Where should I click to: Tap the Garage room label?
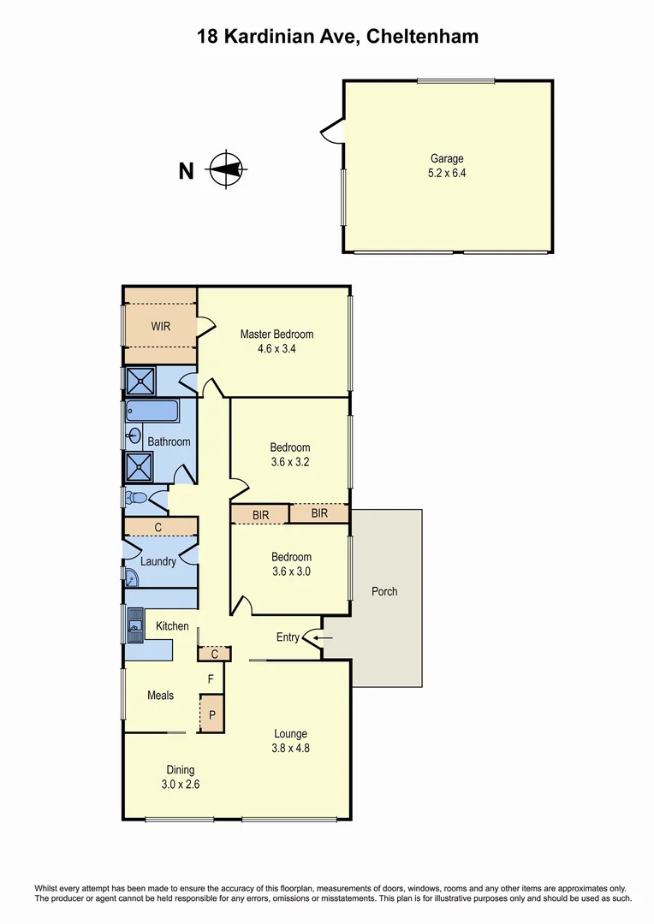(x=446, y=158)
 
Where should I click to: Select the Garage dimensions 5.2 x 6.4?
(x=446, y=172)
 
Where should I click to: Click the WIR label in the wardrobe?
(x=161, y=326)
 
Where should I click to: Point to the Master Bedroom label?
(x=276, y=335)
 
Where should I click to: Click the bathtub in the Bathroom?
(x=152, y=412)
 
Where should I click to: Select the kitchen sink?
(x=134, y=624)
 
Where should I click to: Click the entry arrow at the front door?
(x=322, y=637)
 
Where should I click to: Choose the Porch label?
(x=384, y=591)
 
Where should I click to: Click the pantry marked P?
(x=211, y=713)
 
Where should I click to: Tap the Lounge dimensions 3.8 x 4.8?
(x=290, y=748)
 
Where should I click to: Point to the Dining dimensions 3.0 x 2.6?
(x=181, y=783)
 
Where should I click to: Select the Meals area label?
(x=160, y=696)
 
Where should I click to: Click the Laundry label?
(x=158, y=562)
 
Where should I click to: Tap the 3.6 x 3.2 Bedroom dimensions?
(x=290, y=461)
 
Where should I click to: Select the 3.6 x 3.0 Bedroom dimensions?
(x=290, y=571)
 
